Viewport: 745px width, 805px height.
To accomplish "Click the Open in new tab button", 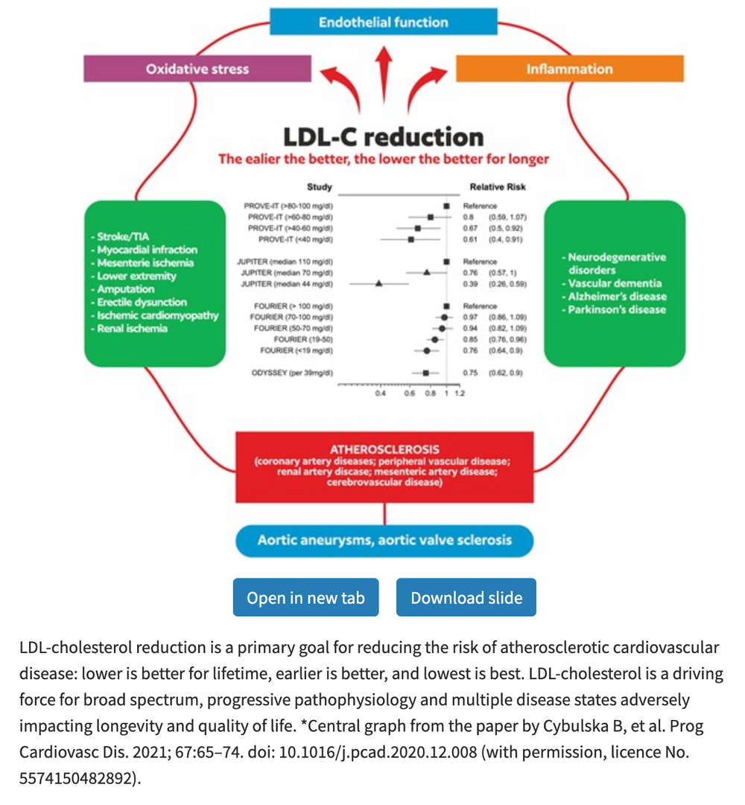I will click(x=305, y=598).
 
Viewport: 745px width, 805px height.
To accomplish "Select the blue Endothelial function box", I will click(x=383, y=22).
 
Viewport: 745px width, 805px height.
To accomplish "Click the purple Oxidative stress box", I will click(x=197, y=69).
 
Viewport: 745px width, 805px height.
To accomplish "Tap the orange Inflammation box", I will click(x=569, y=69).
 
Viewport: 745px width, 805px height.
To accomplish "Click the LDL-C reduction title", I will click(x=383, y=136).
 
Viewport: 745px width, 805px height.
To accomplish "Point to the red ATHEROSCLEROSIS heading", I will click(x=384, y=449).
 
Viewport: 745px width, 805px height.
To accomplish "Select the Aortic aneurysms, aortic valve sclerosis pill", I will click(x=384, y=540).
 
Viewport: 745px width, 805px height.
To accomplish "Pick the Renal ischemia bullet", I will click(x=133, y=329).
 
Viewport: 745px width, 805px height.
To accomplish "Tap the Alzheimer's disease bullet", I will click(x=617, y=296).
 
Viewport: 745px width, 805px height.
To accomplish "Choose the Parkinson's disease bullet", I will click(x=617, y=309).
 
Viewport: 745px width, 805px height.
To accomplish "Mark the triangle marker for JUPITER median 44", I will click(x=378, y=284).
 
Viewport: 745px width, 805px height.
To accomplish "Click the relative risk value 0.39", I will click(x=469, y=284).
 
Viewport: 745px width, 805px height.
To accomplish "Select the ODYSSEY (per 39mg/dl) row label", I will click(x=292, y=372).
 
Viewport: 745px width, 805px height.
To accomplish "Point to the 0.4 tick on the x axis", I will click(x=380, y=394).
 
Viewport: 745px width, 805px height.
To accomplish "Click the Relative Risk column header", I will click(x=497, y=187).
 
